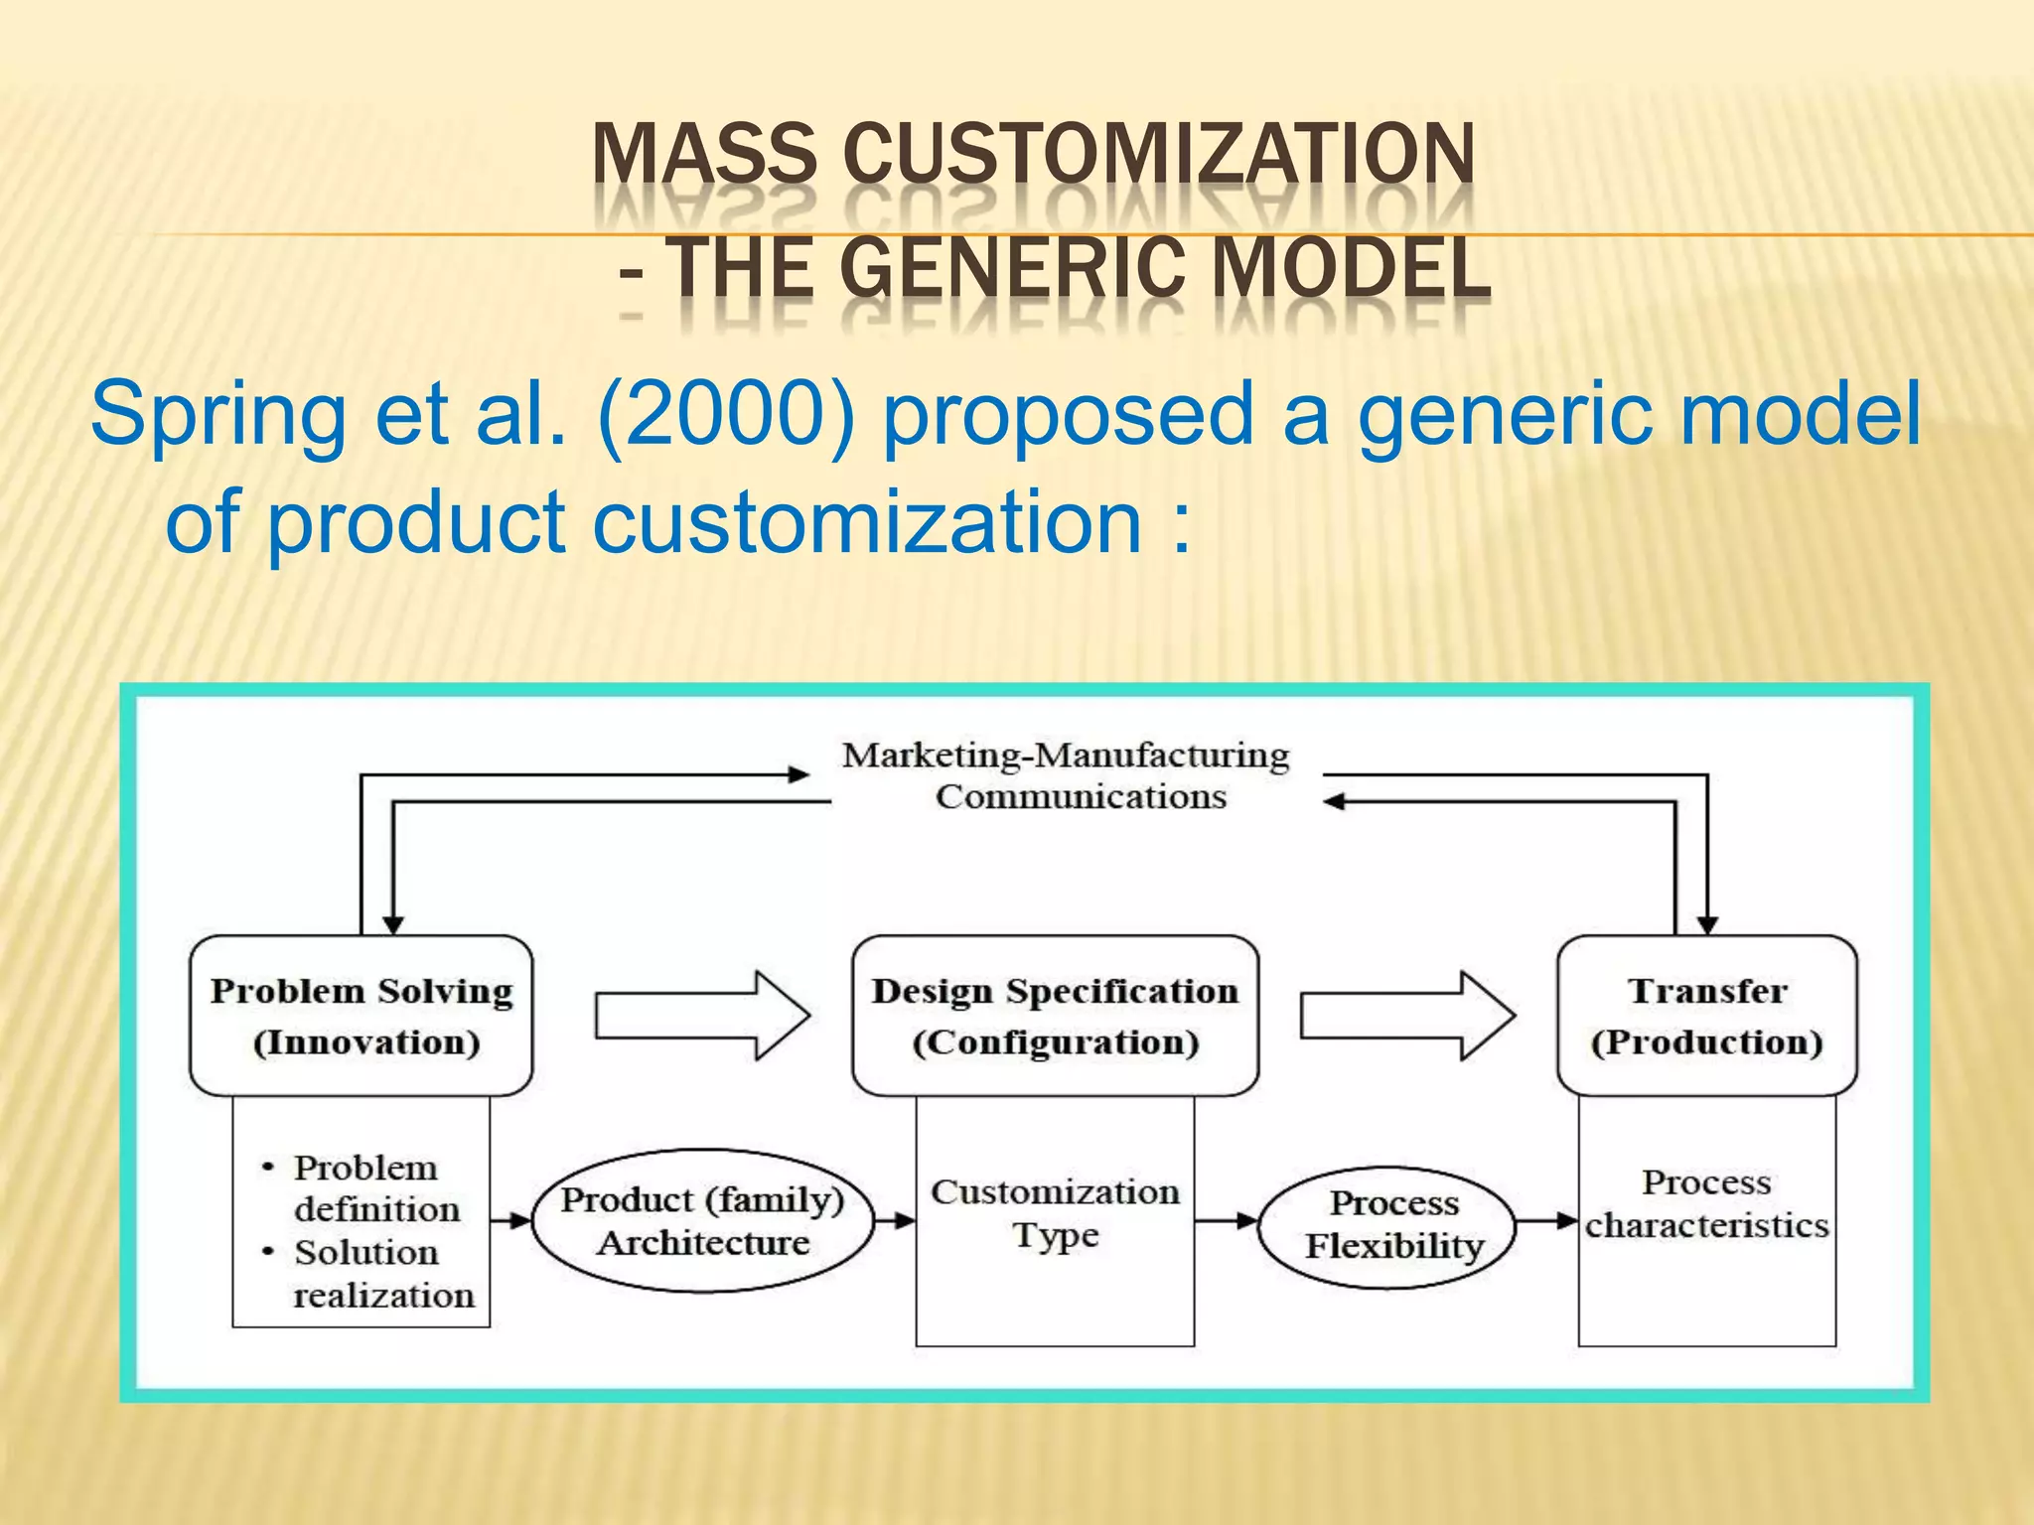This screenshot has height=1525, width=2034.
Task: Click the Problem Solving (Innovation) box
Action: (x=362, y=1016)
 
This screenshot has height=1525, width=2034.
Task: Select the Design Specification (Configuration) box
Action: (x=1055, y=1016)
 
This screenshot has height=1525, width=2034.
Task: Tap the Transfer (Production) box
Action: (x=1706, y=1016)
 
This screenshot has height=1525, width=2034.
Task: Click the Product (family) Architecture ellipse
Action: (x=702, y=1221)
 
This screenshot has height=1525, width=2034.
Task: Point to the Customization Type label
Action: (x=1055, y=1213)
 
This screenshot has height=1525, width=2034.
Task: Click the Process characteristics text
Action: (x=1706, y=1203)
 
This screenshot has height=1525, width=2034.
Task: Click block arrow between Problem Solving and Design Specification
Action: (x=702, y=1016)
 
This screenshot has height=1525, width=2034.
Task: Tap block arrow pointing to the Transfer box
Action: (x=1406, y=1016)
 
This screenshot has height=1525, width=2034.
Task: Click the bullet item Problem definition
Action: (x=374, y=1187)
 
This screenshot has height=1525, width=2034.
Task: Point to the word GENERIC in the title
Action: (x=1018, y=268)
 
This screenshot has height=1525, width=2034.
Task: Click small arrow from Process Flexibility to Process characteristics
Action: (x=1546, y=1221)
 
